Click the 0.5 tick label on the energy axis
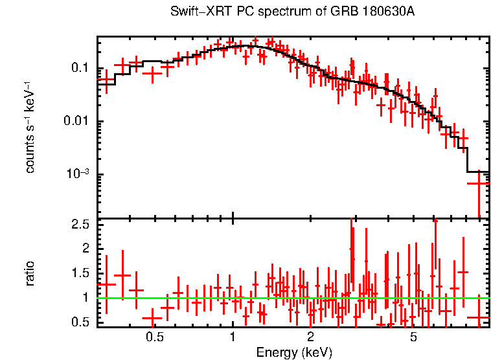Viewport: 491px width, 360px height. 154,337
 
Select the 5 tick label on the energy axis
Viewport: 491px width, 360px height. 413,337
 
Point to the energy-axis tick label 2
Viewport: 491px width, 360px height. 310,337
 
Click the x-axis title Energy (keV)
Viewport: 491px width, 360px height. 294,352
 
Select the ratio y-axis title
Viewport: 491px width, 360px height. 30,273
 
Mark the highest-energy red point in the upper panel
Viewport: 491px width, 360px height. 479,183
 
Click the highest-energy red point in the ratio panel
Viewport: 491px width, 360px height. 479,318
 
